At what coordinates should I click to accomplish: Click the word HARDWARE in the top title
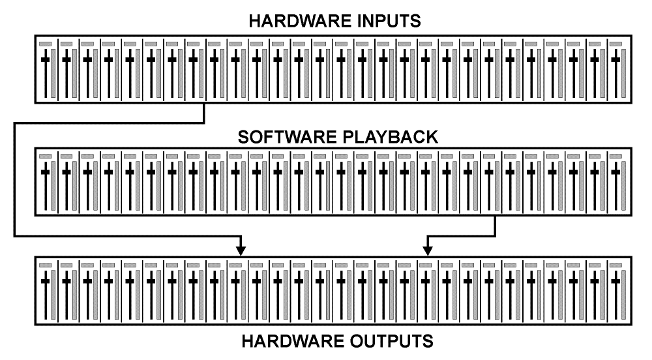294,22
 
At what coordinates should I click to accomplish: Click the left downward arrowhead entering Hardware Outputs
241,250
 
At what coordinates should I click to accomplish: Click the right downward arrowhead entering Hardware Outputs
427,250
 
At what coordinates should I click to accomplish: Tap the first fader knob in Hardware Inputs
45,59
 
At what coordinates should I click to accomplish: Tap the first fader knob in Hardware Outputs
45,281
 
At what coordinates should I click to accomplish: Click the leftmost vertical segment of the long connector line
14,176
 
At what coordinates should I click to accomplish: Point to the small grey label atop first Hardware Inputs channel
45,44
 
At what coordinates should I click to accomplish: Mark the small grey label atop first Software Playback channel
45,156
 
